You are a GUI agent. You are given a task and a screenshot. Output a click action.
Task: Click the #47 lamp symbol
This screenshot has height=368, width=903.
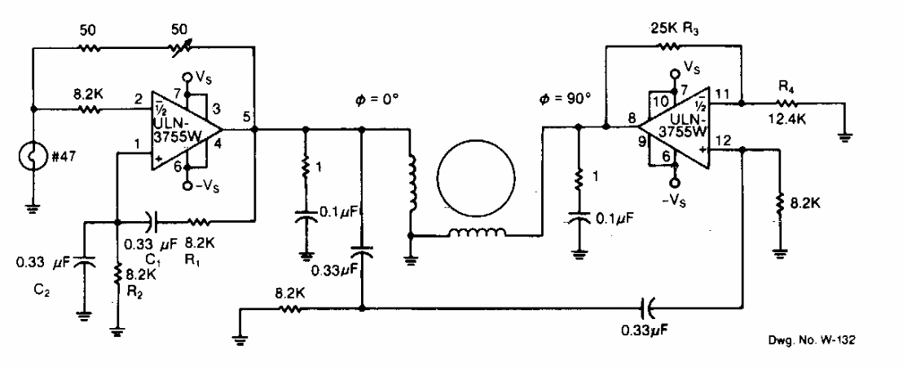[x=33, y=157]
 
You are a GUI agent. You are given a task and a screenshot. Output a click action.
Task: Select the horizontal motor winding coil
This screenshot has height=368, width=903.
[x=478, y=233]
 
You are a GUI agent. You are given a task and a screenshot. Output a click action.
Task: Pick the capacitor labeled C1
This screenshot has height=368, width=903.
[x=149, y=220]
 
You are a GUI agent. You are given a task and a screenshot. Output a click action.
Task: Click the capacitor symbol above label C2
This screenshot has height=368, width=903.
[x=85, y=263]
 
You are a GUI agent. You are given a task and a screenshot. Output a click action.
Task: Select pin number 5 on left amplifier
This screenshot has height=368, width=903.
[x=246, y=117]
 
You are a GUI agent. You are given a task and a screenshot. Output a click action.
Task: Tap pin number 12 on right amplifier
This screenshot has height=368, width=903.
[x=725, y=139]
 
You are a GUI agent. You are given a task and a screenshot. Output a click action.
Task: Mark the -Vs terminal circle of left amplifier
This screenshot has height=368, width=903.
[x=187, y=186]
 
